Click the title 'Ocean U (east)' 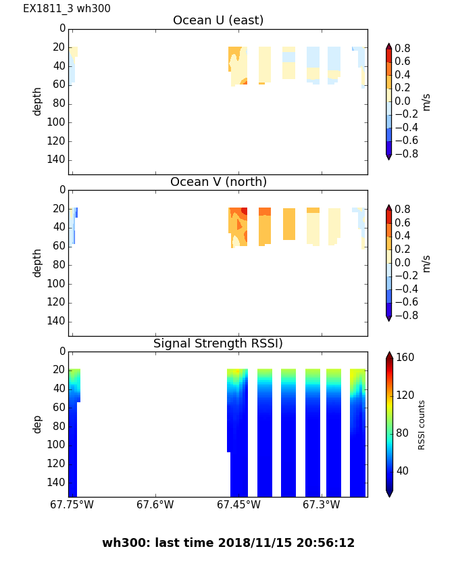[x=218, y=20]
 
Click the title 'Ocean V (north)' [x=218, y=182]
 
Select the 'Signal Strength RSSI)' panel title [x=218, y=343]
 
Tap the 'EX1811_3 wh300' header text [x=67, y=9]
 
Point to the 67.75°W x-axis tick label [x=72, y=505]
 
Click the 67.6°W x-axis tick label [x=155, y=505]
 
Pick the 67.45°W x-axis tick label [x=238, y=505]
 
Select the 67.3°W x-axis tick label [x=322, y=505]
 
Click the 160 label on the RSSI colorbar [x=405, y=357]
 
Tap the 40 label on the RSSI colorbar [x=403, y=471]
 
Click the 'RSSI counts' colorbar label [x=422, y=425]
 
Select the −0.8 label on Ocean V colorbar [x=404, y=315]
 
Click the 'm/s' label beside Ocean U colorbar [x=426, y=101]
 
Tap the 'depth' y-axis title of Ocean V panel [x=38, y=262]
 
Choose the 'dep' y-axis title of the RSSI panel [x=38, y=424]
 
